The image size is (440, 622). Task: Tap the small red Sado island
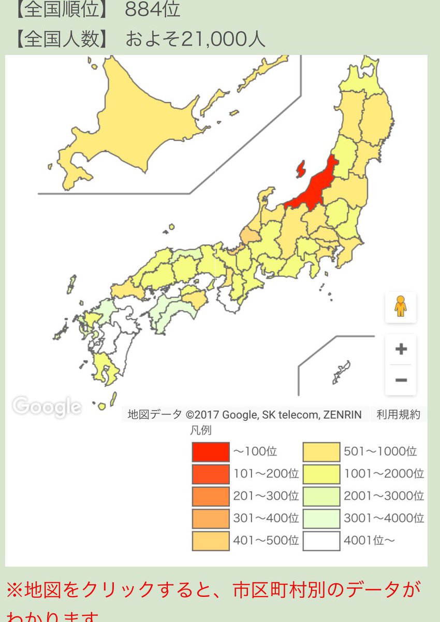[x=300, y=169]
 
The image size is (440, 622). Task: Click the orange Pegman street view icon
[x=400, y=306]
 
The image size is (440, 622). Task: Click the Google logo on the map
[x=47, y=406]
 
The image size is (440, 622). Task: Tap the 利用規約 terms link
[x=398, y=415]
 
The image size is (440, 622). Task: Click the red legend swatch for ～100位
[x=210, y=451]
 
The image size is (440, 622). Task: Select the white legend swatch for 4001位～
[x=321, y=541]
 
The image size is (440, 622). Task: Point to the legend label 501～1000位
[x=380, y=451]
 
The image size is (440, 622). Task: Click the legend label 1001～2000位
[x=384, y=474]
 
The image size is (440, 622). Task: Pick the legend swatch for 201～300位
[x=210, y=496]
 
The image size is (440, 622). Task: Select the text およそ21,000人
[x=195, y=39]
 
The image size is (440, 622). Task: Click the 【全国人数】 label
[x=62, y=39]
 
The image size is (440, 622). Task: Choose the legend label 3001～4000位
[x=384, y=518]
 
